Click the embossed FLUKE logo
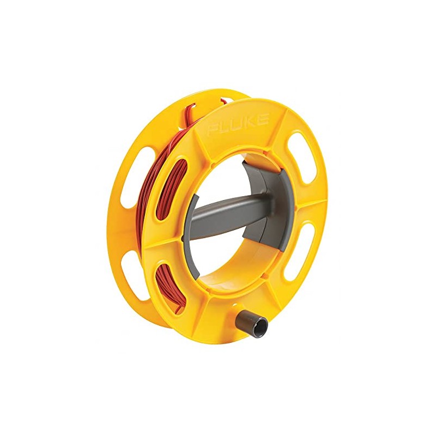coord(238,125)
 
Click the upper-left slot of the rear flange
coord(130,174)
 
